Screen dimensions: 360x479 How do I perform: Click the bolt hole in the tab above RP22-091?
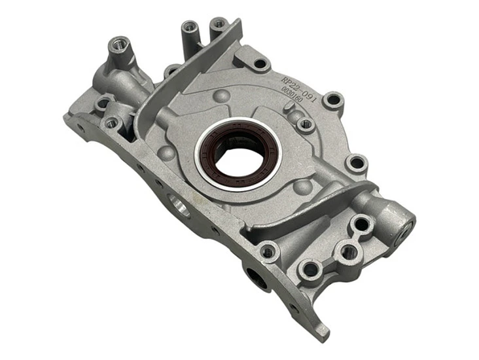(260, 63)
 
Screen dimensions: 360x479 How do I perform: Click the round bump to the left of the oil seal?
(169, 153)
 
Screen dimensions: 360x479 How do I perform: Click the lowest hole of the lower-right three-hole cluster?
(310, 269)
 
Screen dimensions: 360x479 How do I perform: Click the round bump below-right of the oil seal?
(301, 186)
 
